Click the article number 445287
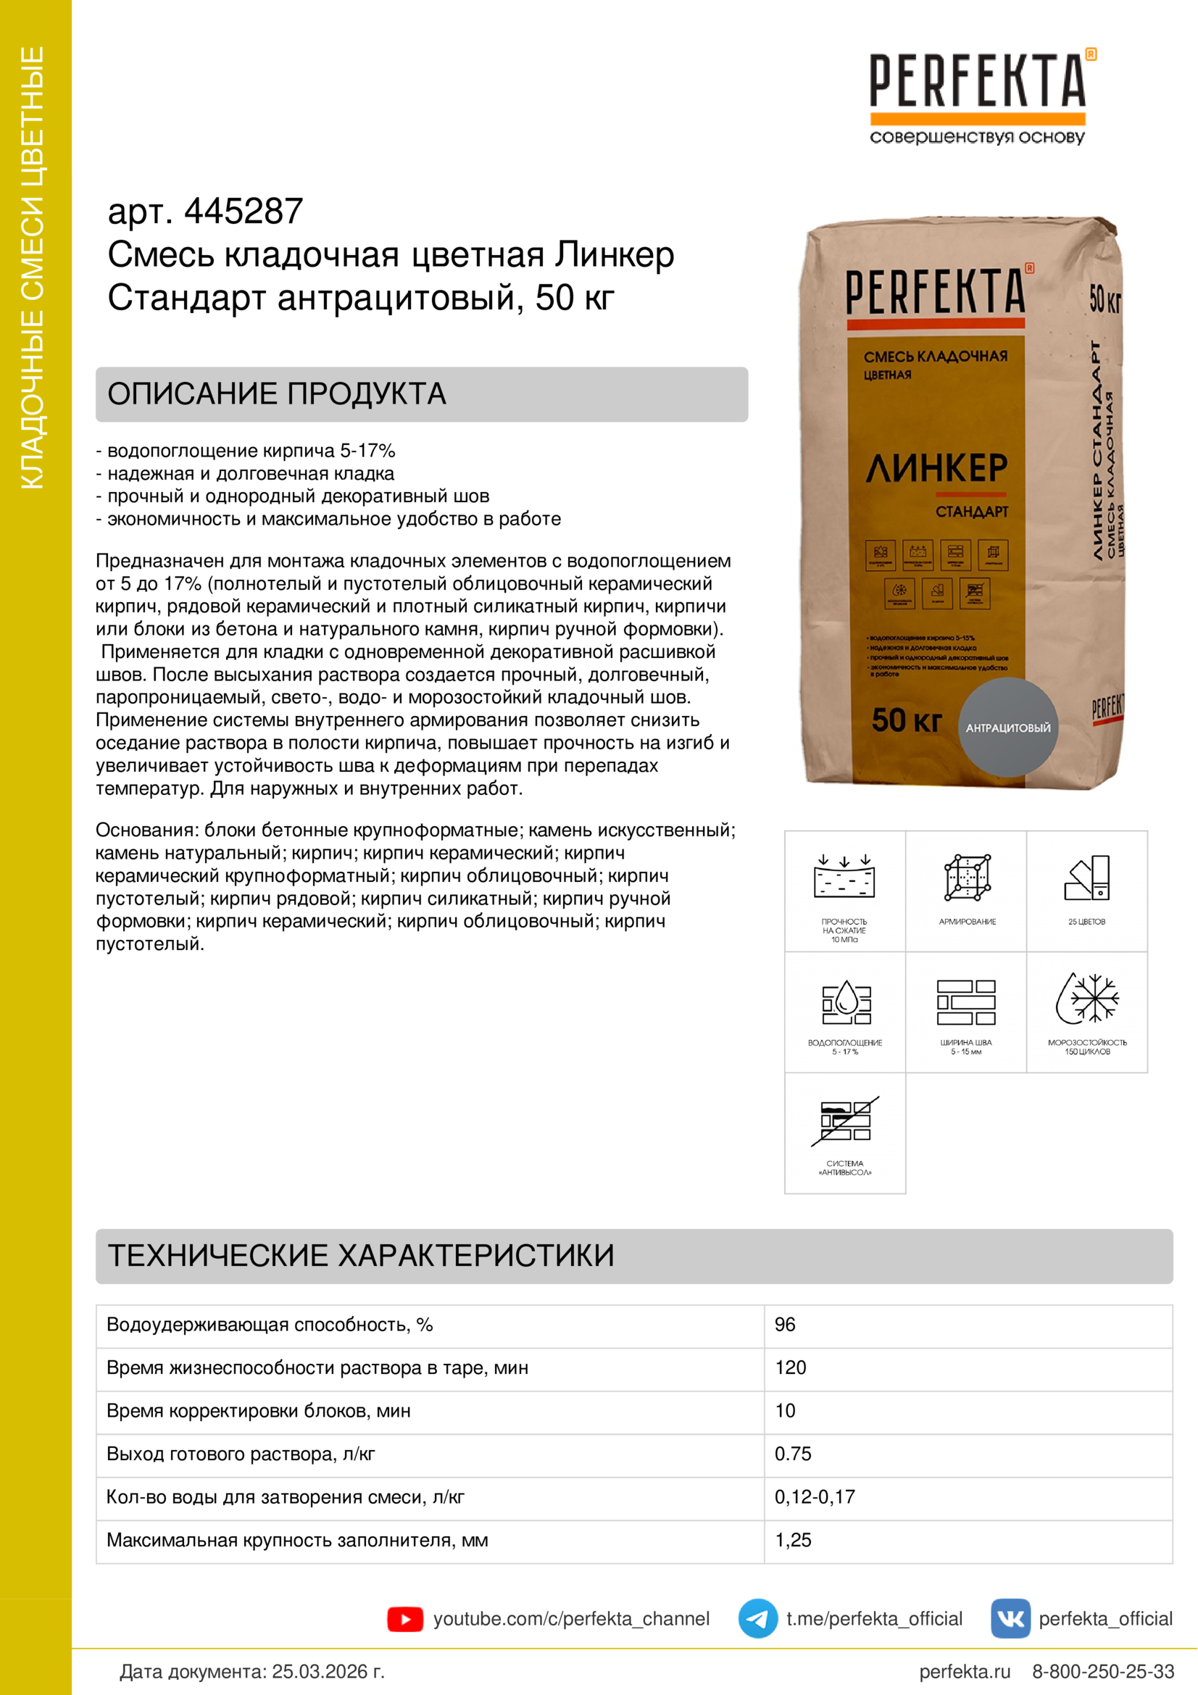(x=243, y=212)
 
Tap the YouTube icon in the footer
(x=404, y=1619)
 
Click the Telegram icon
(x=757, y=1619)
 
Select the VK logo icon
(x=1010, y=1619)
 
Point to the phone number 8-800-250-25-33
(x=1103, y=1671)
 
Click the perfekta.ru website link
(x=964, y=1671)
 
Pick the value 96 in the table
(x=785, y=1325)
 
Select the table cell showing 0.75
(x=793, y=1454)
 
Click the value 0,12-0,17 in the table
(x=814, y=1496)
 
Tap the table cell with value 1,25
(x=793, y=1540)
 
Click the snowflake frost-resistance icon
(x=1087, y=999)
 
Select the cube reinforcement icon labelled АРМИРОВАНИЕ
(x=967, y=878)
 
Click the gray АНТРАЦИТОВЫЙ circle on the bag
(x=1007, y=727)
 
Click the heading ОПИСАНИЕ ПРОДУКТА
(x=277, y=394)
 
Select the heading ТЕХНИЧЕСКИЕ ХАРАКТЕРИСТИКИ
(x=361, y=1256)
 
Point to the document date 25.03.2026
(x=328, y=1671)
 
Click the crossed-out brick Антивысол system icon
(x=845, y=1120)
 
